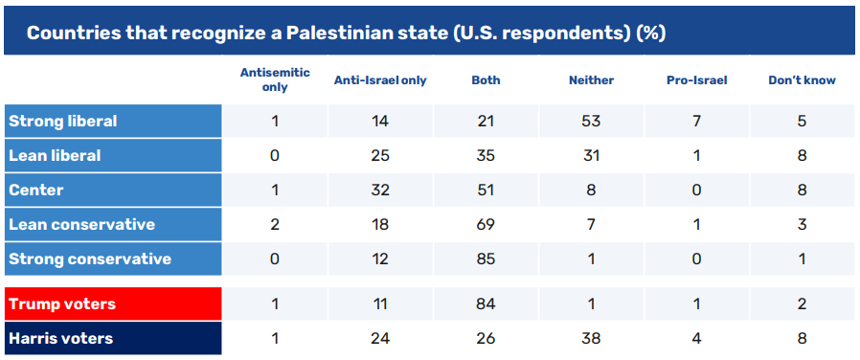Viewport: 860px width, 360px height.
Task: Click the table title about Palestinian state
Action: pos(346,33)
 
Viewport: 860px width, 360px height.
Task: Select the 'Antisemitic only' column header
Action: pos(275,80)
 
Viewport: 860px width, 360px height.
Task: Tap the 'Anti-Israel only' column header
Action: pos(380,80)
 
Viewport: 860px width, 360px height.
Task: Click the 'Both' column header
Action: pos(486,80)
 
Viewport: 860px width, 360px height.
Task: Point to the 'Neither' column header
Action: pos(591,80)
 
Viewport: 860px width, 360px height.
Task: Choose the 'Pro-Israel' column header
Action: pos(696,80)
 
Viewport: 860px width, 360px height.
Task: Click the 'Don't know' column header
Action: pos(802,80)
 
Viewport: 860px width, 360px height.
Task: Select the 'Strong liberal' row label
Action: pos(62,121)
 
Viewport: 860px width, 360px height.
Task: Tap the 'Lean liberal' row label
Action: pos(55,156)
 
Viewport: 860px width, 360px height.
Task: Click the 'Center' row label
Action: pos(36,191)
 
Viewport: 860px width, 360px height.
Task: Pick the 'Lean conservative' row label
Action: pos(81,225)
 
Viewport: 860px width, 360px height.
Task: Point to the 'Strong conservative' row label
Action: pos(90,259)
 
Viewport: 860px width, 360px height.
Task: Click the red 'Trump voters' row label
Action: pos(62,304)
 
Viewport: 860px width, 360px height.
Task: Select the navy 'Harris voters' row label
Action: pos(61,339)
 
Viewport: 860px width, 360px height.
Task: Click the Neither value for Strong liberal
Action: pos(591,121)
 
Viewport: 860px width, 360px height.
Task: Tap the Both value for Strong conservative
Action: pos(486,259)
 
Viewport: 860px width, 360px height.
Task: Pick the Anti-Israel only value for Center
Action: pos(380,191)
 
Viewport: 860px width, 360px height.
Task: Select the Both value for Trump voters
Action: pos(486,304)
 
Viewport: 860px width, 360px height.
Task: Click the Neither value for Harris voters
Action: pos(591,339)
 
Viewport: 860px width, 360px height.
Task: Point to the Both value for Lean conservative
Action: pos(486,225)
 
